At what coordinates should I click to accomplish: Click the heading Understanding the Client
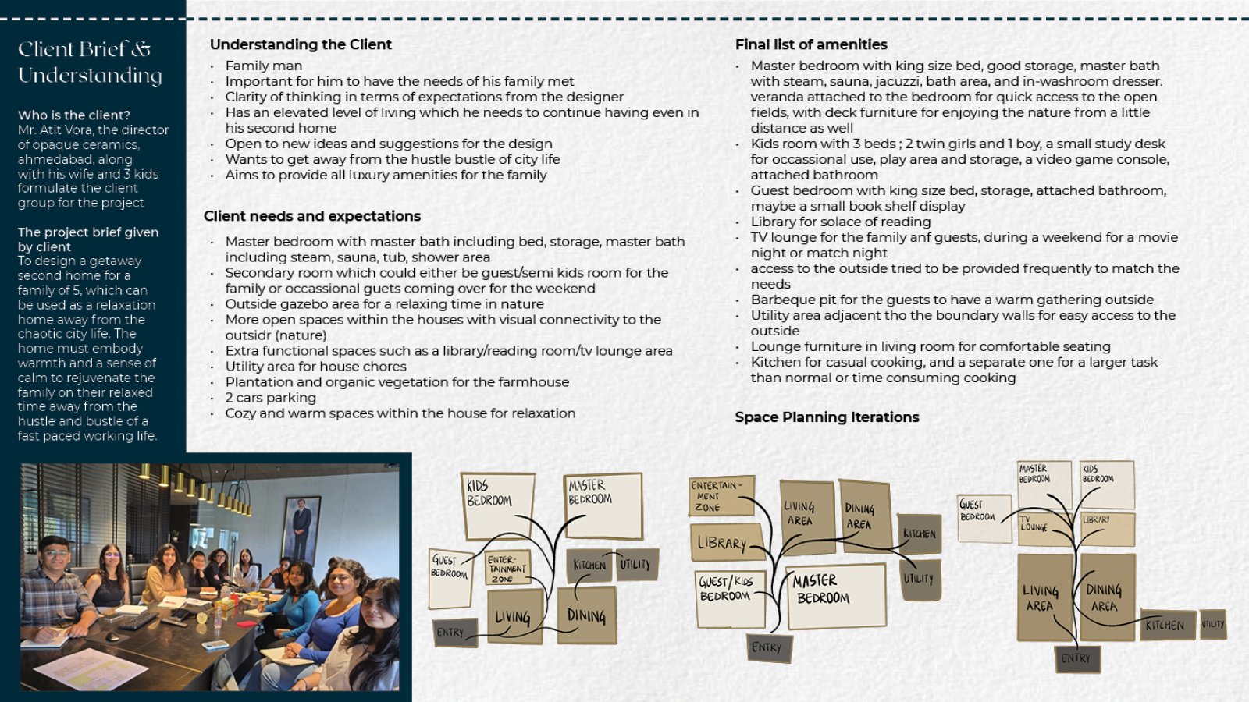[301, 44]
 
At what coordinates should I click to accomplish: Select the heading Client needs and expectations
[311, 216]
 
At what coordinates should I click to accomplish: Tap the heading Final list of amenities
[811, 44]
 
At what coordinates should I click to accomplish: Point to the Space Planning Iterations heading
[827, 417]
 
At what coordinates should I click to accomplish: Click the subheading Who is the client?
[74, 115]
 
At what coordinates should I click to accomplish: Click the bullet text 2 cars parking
[270, 398]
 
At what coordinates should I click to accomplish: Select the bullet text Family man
[264, 66]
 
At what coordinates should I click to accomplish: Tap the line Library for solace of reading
[840, 222]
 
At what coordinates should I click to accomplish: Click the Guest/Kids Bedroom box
[730, 600]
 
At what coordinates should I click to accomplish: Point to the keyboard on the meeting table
[137, 621]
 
